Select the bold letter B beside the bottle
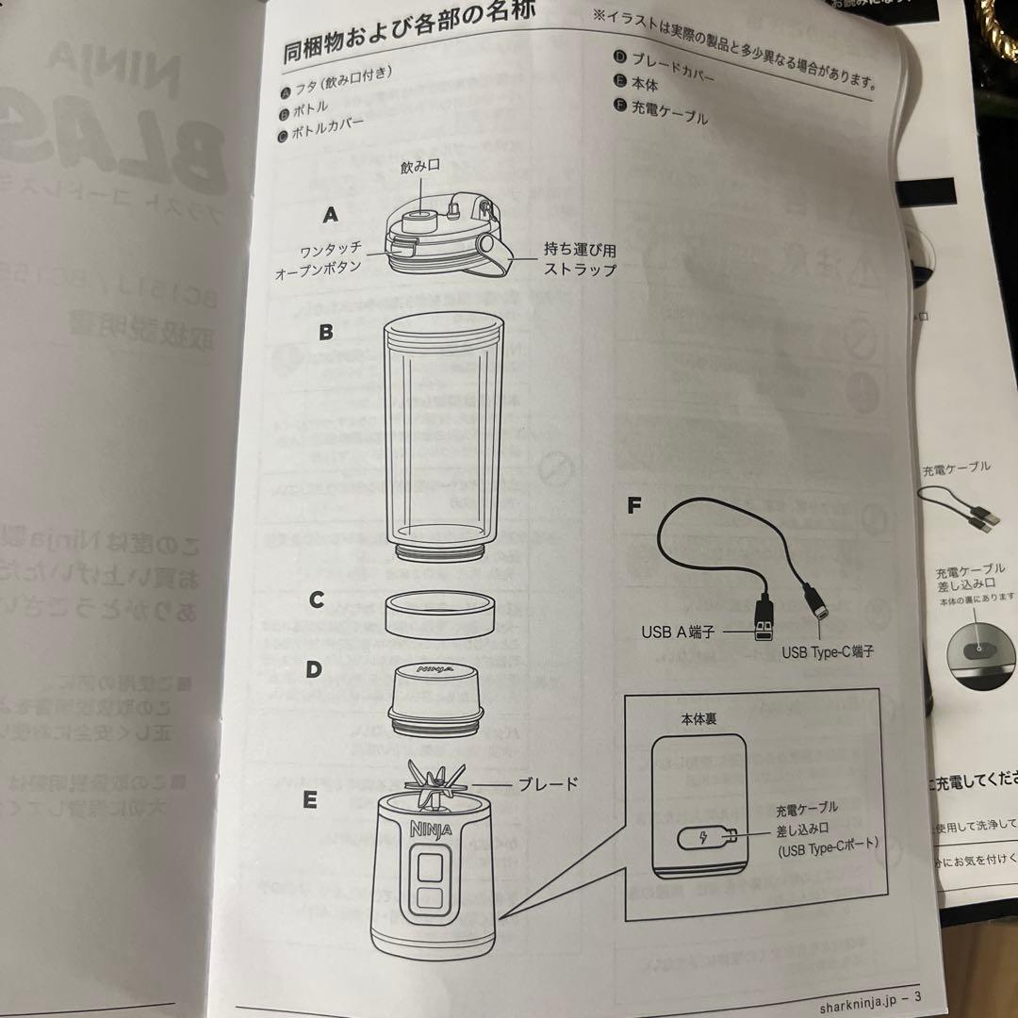325,332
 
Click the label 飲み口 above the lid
420,167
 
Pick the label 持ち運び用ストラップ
580,260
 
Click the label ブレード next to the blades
548,783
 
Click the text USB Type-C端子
828,651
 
